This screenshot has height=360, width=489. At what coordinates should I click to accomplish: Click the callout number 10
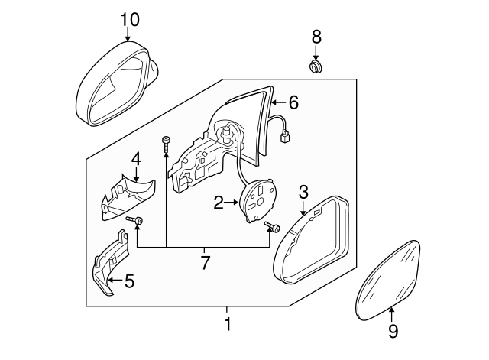pos(130,18)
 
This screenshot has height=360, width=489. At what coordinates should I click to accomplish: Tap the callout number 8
pos(317,36)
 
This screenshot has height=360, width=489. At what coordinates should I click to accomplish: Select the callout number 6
pos(293,102)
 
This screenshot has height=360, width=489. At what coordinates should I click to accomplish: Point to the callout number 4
pos(136,159)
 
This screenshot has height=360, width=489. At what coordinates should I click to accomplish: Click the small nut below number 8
pos(316,70)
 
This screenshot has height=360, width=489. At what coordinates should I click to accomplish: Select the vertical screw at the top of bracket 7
pos(165,143)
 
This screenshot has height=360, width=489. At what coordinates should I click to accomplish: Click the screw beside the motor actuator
pos(274,229)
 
